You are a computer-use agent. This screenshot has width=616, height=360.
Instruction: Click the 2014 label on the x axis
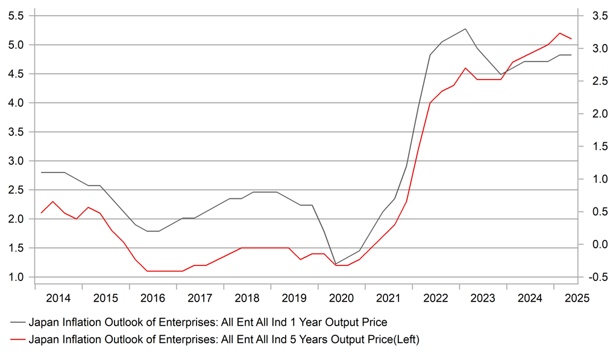click(x=58, y=298)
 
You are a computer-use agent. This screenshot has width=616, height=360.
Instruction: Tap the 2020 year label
click(x=341, y=298)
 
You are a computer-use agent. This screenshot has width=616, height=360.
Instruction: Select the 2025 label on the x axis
click(x=577, y=298)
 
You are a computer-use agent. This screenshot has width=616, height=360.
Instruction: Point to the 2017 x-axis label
click(x=200, y=298)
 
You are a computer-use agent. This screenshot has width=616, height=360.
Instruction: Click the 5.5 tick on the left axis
click(x=16, y=16)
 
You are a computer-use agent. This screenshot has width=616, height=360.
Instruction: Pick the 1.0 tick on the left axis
click(x=16, y=277)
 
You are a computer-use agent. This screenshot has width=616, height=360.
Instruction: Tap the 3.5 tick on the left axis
click(x=16, y=132)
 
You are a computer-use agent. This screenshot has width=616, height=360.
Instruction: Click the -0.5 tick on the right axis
click(x=598, y=277)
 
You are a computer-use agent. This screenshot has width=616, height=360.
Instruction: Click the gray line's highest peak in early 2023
click(x=465, y=29)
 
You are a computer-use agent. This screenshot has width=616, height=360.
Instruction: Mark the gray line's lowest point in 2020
click(x=336, y=264)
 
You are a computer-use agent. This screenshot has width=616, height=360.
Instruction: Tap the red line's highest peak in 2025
click(x=559, y=33)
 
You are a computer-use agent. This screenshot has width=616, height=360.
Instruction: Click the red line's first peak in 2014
click(x=52, y=201)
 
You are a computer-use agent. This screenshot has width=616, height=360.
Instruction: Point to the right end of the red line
click(x=571, y=39)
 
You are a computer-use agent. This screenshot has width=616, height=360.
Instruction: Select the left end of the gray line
click(x=41, y=172)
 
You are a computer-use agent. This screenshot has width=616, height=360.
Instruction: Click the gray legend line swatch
click(x=17, y=323)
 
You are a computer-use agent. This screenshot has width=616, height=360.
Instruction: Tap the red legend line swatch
click(x=17, y=339)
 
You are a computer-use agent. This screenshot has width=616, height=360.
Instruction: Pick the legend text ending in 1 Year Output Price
click(x=208, y=322)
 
